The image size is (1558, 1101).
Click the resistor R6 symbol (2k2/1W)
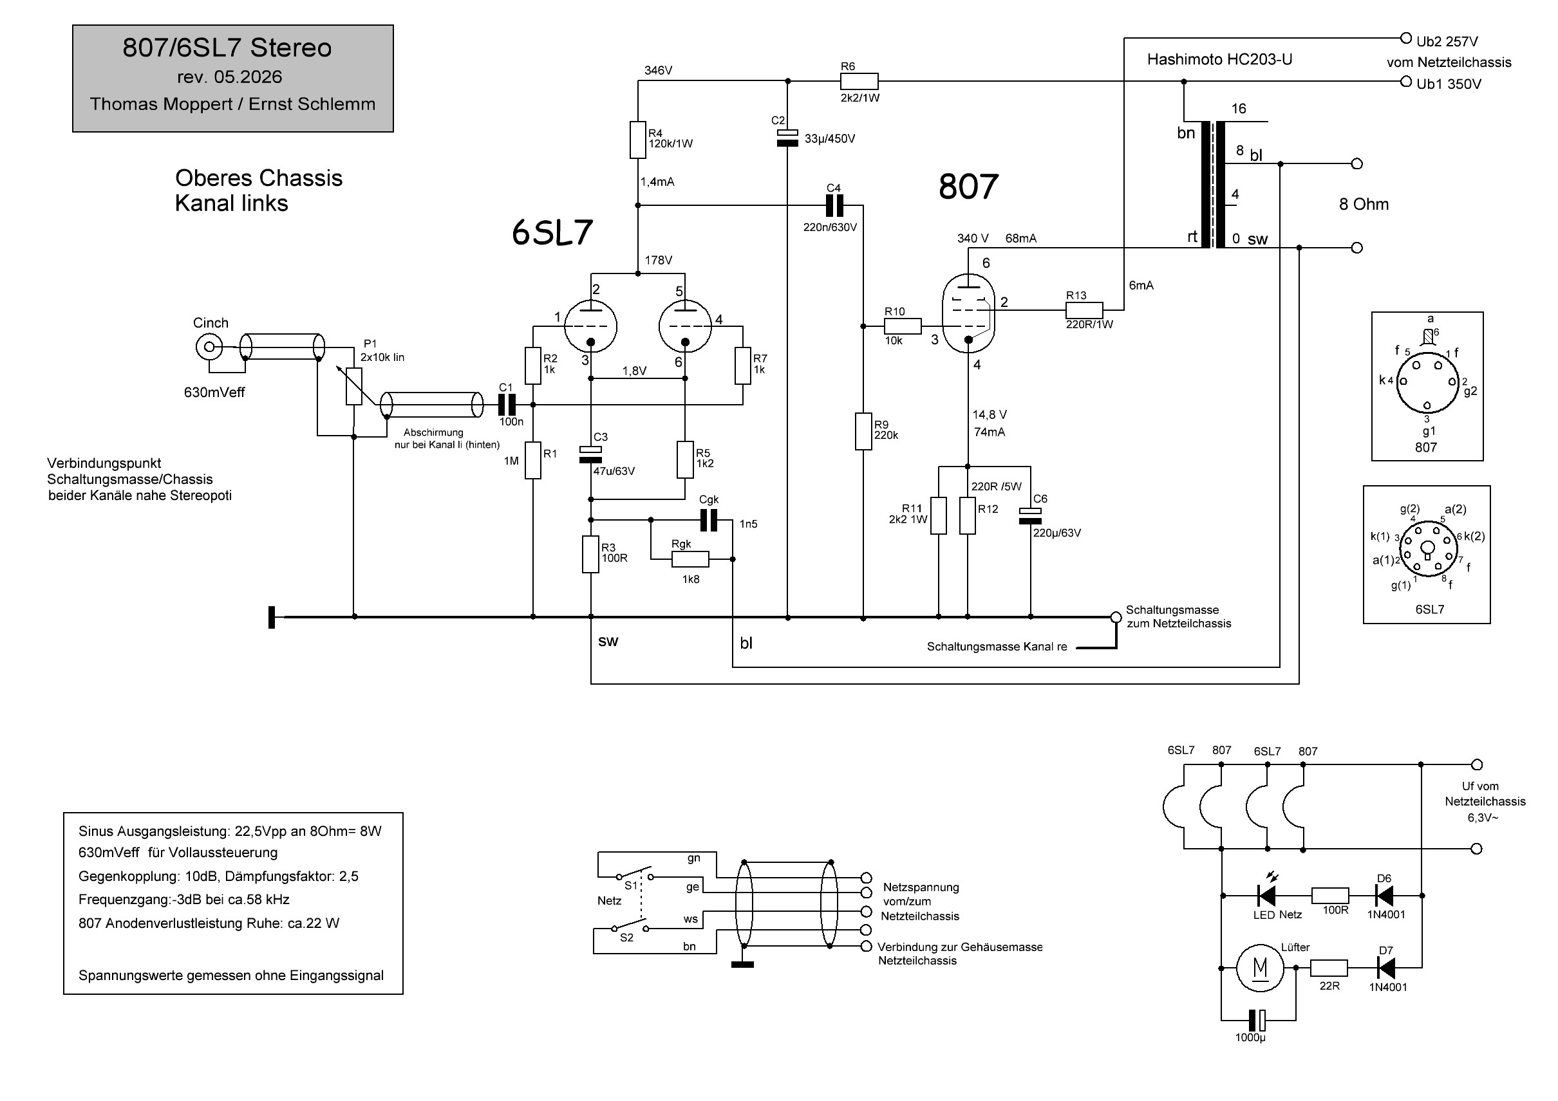click(859, 82)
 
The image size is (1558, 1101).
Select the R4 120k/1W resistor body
click(638, 140)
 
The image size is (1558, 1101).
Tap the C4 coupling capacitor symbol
click(834, 205)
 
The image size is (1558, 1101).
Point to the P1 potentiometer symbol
click(353, 386)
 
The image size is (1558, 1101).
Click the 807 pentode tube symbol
click(968, 313)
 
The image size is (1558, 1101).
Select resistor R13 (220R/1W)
click(1084, 311)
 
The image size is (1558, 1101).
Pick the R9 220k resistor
click(863, 431)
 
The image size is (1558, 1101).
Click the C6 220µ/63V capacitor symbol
click(1030, 516)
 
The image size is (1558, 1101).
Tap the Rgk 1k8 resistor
click(690, 559)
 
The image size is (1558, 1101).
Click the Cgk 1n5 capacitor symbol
click(708, 521)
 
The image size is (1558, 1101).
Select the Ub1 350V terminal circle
click(1406, 82)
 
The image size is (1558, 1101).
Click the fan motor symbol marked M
click(1260, 968)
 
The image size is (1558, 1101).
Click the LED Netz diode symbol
click(1266, 896)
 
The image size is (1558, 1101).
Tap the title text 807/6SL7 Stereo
click(227, 48)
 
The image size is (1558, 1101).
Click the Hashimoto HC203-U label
click(1219, 60)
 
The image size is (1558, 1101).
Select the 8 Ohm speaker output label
click(1364, 204)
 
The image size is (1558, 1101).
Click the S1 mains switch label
click(631, 885)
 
